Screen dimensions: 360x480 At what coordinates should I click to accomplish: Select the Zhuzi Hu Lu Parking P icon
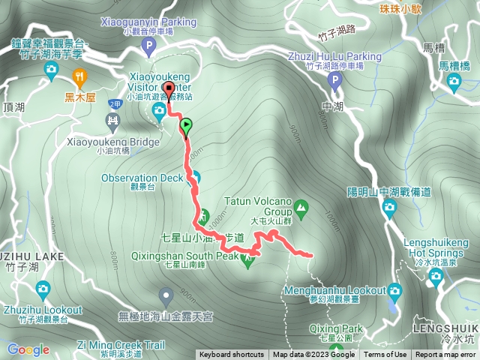click(x=334, y=78)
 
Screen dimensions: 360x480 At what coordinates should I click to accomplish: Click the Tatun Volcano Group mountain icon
click(x=301, y=205)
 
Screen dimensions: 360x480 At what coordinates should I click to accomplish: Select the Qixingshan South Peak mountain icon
click(x=248, y=258)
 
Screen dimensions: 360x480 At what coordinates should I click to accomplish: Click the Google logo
click(x=28, y=349)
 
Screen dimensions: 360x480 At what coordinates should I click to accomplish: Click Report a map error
click(x=445, y=355)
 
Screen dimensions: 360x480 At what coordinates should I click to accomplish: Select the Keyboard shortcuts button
click(x=232, y=355)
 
